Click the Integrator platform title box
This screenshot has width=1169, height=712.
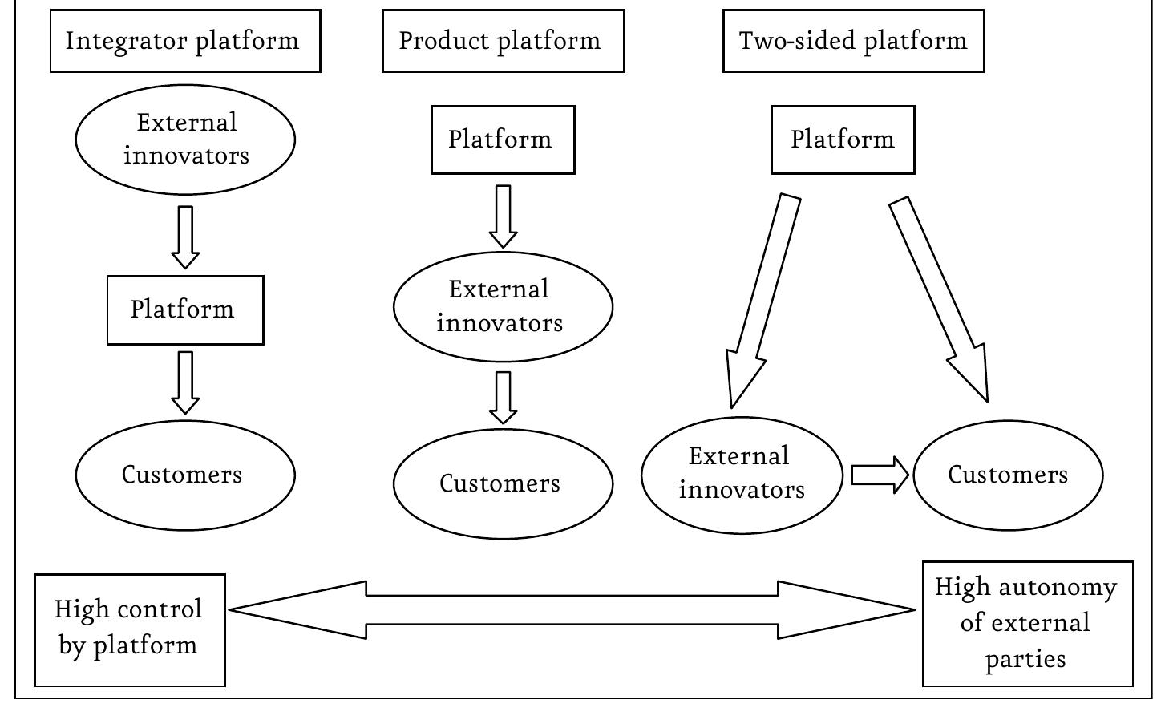click(185, 41)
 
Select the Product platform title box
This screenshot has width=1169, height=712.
click(503, 41)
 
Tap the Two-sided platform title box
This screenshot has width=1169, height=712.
click(853, 41)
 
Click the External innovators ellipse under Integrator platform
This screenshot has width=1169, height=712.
click(185, 140)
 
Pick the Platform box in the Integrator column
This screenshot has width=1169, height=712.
click(185, 310)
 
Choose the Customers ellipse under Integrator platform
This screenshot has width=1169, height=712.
click(185, 475)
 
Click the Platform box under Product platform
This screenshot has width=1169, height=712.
click(503, 140)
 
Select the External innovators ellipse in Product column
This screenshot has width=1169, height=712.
click(503, 307)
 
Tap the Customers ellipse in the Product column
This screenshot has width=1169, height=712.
click(503, 483)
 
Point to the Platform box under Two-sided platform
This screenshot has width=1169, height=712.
click(843, 140)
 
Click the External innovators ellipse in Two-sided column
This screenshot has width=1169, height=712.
click(742, 475)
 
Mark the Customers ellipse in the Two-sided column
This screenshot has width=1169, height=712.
click(1008, 475)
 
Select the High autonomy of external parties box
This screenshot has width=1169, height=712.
click(1027, 624)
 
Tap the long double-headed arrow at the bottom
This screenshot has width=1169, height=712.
click(572, 609)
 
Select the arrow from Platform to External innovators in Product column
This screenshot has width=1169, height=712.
click(503, 216)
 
